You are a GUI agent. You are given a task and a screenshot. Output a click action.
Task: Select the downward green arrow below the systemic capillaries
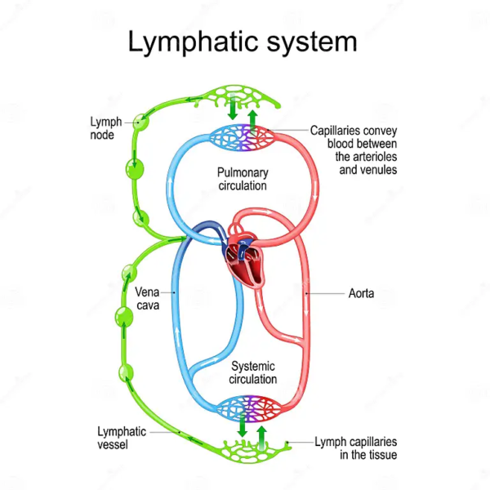click(243, 428)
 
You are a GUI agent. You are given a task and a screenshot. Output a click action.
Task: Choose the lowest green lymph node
click(125, 372)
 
